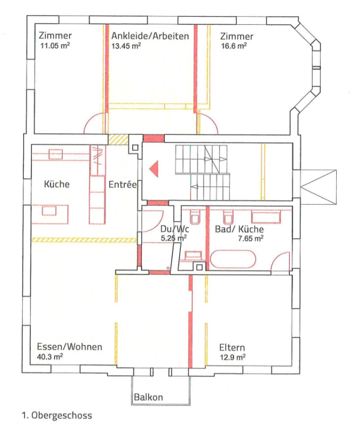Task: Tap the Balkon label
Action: [x=150, y=397]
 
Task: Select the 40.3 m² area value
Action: [x=50, y=357]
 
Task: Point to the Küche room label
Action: [x=57, y=184]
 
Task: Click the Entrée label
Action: [x=123, y=184]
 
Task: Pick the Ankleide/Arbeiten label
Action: [x=150, y=36]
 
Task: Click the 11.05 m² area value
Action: [x=55, y=46]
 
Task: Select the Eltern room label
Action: [x=232, y=347]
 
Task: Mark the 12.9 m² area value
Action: [x=233, y=357]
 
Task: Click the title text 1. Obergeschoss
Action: [x=57, y=416]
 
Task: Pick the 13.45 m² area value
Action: [x=126, y=46]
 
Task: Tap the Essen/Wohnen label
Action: [x=69, y=347]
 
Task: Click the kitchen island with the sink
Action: [x=53, y=212]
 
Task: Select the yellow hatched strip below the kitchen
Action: [x=84, y=239]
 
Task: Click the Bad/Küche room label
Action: [x=239, y=229]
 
